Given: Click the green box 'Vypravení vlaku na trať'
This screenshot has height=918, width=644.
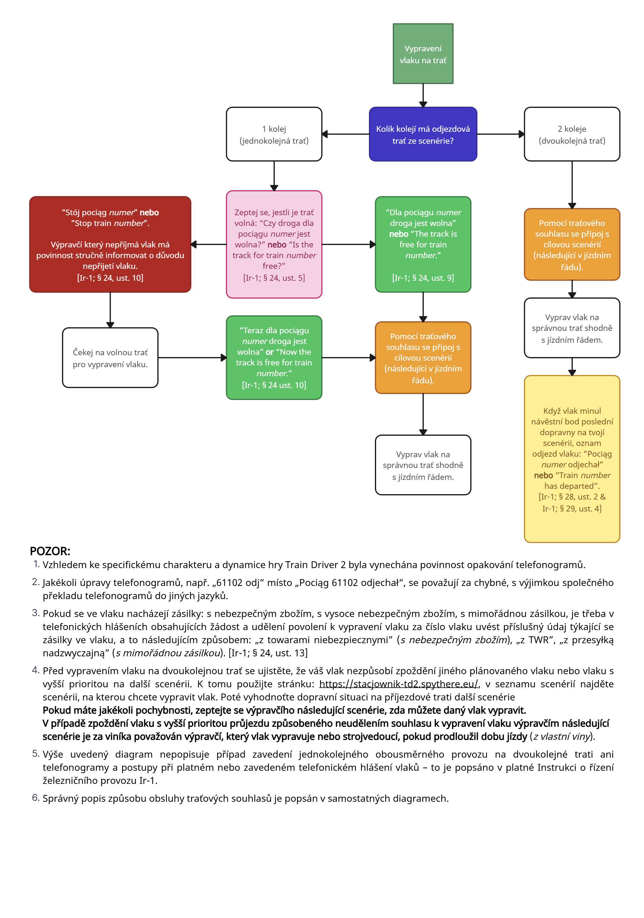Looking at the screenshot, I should [x=423, y=54].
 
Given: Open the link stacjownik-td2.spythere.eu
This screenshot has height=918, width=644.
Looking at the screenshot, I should [x=398, y=684].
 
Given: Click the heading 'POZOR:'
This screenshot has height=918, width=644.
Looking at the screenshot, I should [x=50, y=551].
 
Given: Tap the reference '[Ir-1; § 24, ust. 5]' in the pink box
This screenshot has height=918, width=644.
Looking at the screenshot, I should [x=274, y=278].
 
